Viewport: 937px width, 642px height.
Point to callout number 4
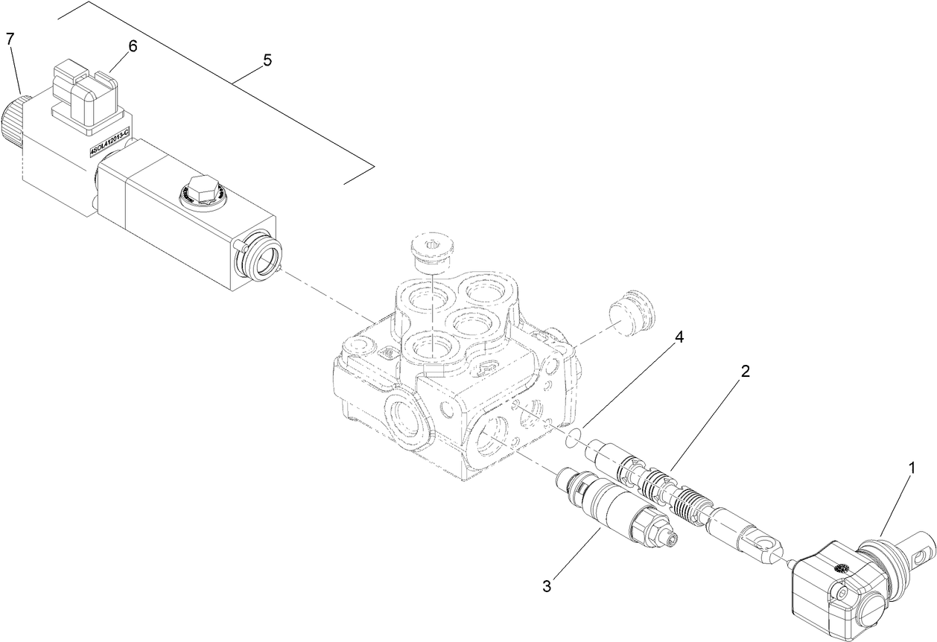678,337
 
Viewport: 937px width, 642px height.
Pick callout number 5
266,61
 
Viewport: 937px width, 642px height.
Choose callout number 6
133,46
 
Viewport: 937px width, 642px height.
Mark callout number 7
10,39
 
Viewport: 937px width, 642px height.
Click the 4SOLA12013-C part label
109,142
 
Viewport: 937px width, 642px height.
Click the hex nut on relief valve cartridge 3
651,526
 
